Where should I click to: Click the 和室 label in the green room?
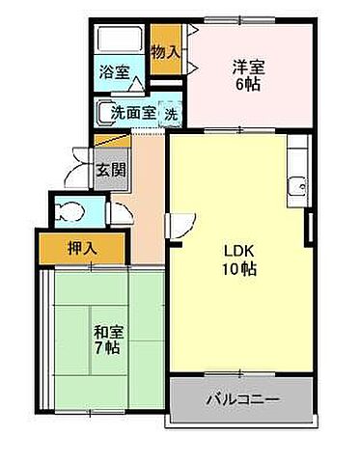click(x=106, y=332)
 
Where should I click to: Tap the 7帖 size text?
click(x=106, y=348)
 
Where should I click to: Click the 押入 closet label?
click(x=81, y=249)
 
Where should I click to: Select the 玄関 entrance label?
click(x=109, y=171)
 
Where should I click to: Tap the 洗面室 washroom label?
click(x=132, y=112)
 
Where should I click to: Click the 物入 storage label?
click(x=166, y=51)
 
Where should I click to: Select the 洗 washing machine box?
click(x=170, y=112)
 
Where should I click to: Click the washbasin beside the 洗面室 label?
click(x=103, y=112)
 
